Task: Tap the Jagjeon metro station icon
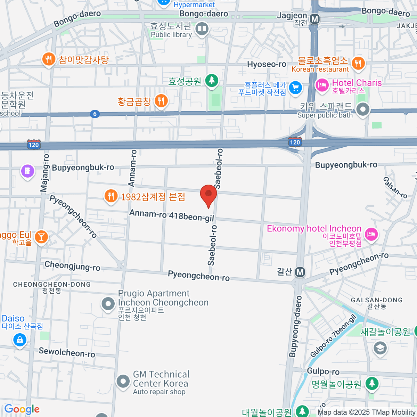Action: coord(315,19)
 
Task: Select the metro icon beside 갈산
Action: coord(300,272)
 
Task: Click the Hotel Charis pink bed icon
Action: coord(322,85)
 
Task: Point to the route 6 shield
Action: coord(95,114)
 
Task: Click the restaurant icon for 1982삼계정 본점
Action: coord(111,196)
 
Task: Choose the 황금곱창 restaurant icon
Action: coord(161,101)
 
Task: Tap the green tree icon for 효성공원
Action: coord(211,81)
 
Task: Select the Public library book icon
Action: coord(202,29)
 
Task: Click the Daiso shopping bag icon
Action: coord(20,339)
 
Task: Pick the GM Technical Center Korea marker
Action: coord(123,382)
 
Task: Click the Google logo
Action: coord(22,409)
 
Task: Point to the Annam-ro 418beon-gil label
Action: coord(172,215)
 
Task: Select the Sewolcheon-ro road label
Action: coord(67,352)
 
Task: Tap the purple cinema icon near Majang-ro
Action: coord(27,171)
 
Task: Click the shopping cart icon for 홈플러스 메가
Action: coord(295,88)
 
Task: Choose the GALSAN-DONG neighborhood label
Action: coord(377,300)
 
